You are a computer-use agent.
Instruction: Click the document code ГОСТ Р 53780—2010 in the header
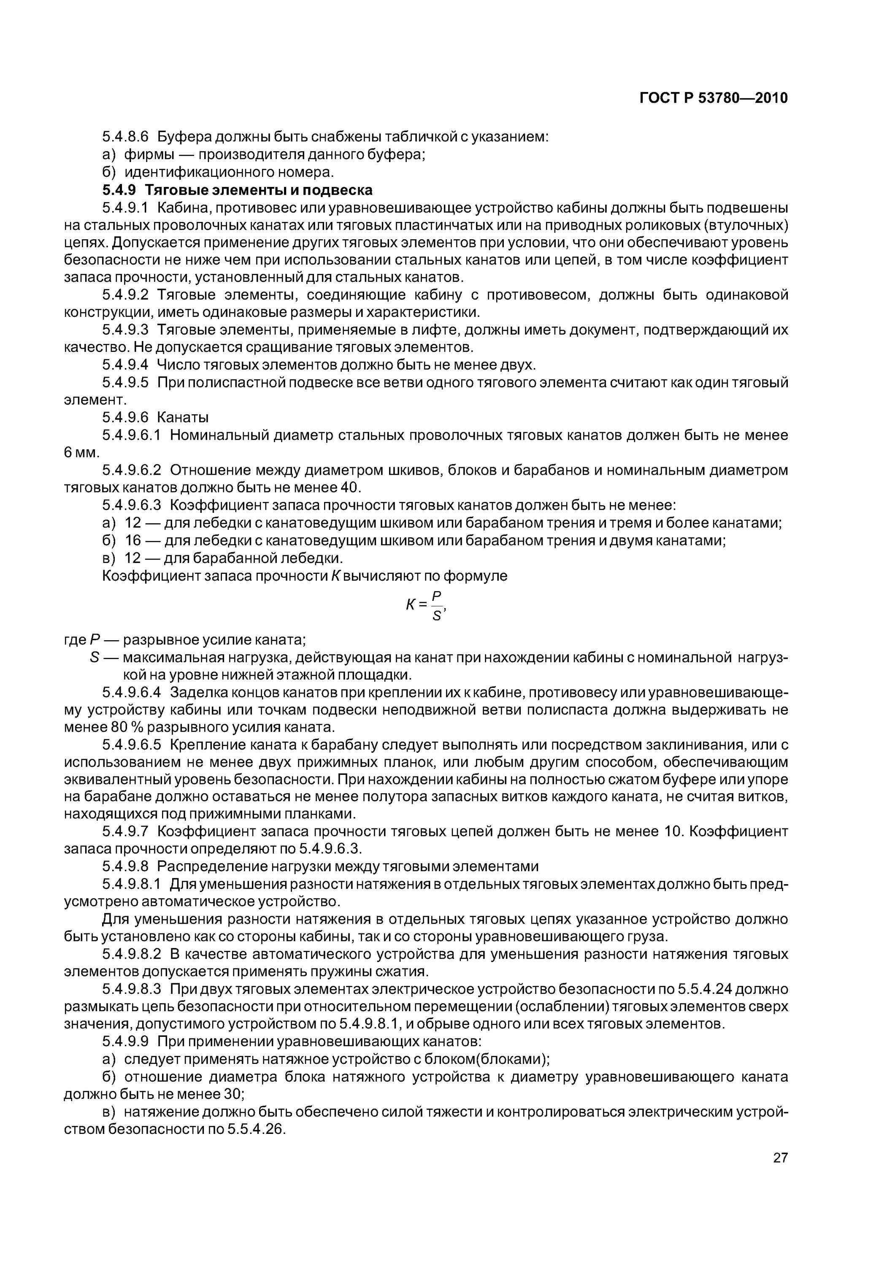click(714, 98)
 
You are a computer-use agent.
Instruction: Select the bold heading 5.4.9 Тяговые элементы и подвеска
click(237, 190)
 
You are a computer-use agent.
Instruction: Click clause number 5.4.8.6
click(126, 137)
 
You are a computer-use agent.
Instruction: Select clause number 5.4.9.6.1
click(131, 435)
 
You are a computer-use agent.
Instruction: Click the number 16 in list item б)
click(133, 540)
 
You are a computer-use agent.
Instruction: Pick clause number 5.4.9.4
click(126, 365)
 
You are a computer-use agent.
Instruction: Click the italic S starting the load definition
click(93, 657)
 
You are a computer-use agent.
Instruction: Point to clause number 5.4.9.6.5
click(131, 744)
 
